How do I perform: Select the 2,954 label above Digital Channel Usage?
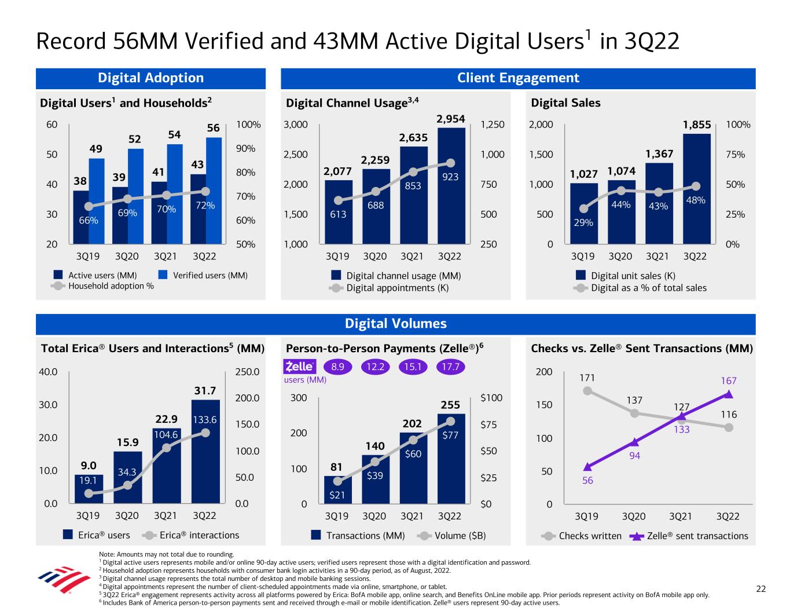(451, 119)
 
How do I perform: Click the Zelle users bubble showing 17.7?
(450, 367)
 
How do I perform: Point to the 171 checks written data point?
(587, 390)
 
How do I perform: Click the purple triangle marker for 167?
(729, 394)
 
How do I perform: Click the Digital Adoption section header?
(150, 78)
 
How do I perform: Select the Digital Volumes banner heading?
(395, 324)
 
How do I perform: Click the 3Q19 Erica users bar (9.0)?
(89, 489)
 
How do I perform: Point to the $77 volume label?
(451, 435)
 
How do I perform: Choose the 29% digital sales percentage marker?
(583, 209)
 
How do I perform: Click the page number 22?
(761, 589)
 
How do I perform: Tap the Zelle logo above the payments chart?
(299, 367)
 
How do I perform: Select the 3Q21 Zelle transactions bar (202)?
(413, 468)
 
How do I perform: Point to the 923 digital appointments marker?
(451, 163)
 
